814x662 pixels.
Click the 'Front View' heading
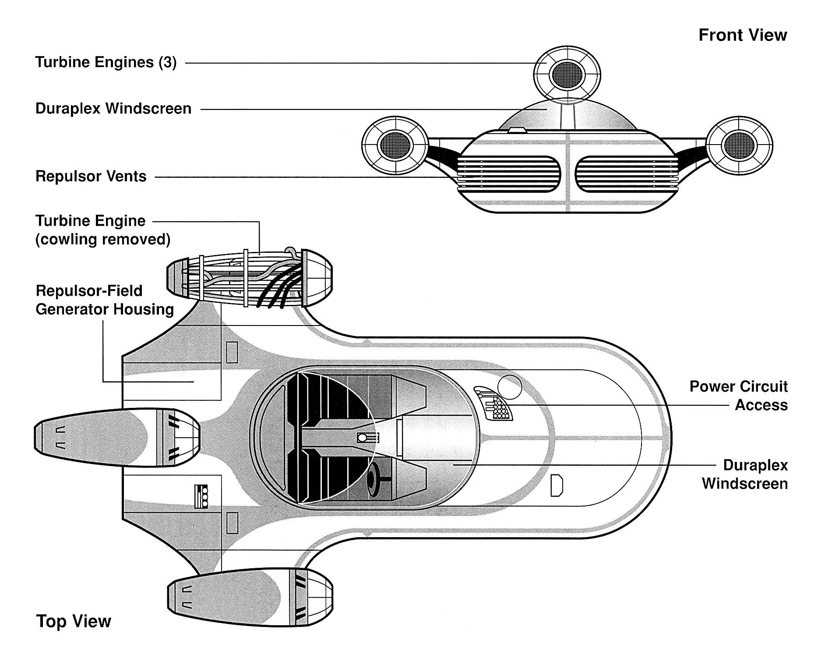(742, 35)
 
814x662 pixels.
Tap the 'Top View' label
(74, 621)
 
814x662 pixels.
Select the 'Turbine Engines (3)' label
(106, 62)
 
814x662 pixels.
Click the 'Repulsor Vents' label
(91, 176)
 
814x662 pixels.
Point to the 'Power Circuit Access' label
(739, 396)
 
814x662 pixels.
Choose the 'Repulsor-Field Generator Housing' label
(105, 300)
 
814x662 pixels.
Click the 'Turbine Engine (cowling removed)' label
(102, 230)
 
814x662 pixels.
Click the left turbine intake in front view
(395, 144)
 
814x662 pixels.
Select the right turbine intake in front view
(739, 144)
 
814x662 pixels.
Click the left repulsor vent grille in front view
(508, 174)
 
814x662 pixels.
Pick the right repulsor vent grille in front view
(627, 174)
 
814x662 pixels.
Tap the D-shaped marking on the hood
(556, 485)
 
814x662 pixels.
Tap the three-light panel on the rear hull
(201, 496)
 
